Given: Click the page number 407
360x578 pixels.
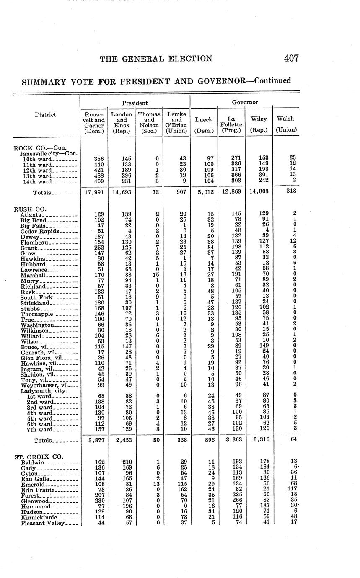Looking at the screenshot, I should pos(291,58).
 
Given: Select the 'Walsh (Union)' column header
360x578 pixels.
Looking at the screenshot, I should pos(285,124).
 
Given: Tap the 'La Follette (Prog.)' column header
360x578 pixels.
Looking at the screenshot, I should pos(231,124).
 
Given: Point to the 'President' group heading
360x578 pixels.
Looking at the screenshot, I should pos(135,103).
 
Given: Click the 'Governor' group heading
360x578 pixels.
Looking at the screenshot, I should pos(246,102).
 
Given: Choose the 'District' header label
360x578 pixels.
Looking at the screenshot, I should pos(45,114).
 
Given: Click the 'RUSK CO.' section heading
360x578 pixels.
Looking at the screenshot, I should pos(30,209).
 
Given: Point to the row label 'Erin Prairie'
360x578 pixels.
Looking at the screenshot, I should pos(38,490).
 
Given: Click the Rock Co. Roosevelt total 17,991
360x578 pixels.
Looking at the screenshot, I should pos(94,192).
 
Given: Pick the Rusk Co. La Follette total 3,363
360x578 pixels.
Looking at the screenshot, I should pos(231,440).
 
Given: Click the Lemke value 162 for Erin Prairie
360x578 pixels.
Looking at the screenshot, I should pos(181,490).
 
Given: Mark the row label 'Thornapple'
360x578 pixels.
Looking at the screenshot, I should pos(36,314).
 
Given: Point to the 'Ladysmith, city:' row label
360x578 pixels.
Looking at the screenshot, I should pos(44,391).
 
